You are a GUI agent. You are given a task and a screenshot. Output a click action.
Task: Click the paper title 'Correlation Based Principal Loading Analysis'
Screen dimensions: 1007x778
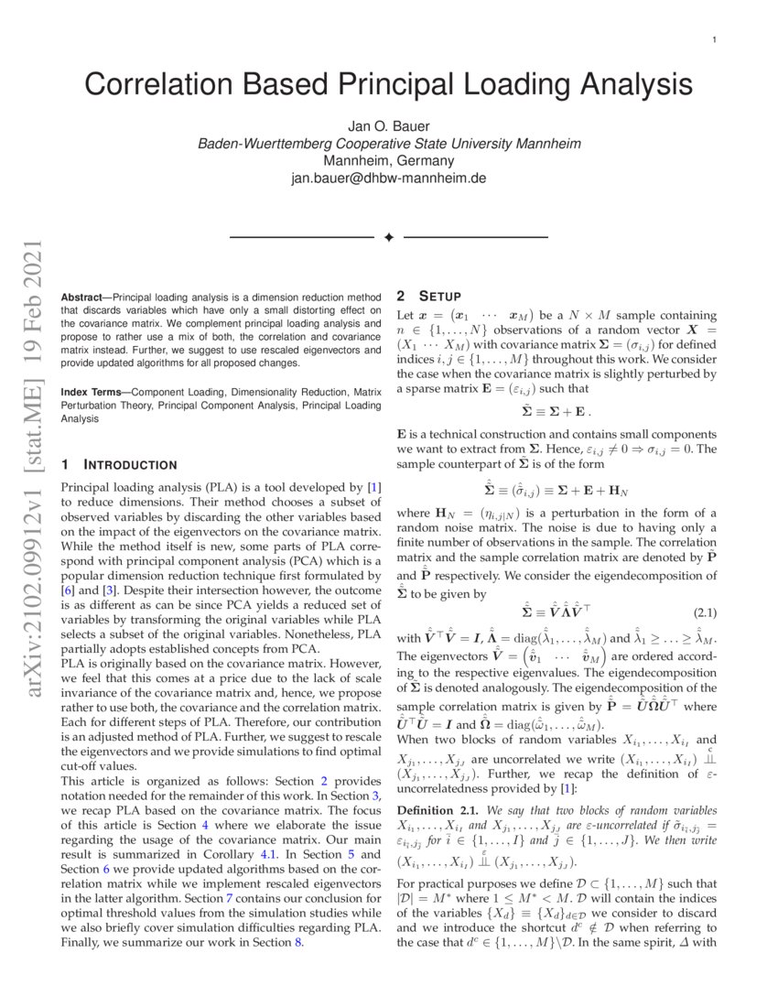pos(388,84)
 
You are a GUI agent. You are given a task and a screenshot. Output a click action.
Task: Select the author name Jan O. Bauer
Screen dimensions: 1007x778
pos(388,126)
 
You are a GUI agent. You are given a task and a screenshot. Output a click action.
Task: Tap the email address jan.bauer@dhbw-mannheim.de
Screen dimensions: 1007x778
pos(388,178)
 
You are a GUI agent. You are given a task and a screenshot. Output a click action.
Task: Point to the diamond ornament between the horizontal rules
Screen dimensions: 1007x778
pos(388,237)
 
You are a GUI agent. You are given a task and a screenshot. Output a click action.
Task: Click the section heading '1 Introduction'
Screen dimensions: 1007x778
pos(118,465)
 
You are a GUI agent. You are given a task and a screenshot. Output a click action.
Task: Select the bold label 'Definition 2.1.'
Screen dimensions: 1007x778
pos(435,810)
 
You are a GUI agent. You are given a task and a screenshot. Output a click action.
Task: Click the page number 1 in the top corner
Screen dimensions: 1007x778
pos(712,40)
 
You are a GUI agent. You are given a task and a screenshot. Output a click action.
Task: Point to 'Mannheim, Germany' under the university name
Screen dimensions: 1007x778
pos(388,160)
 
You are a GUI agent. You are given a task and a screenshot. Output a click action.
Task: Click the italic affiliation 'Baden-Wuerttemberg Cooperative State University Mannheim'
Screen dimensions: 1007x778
pos(388,144)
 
